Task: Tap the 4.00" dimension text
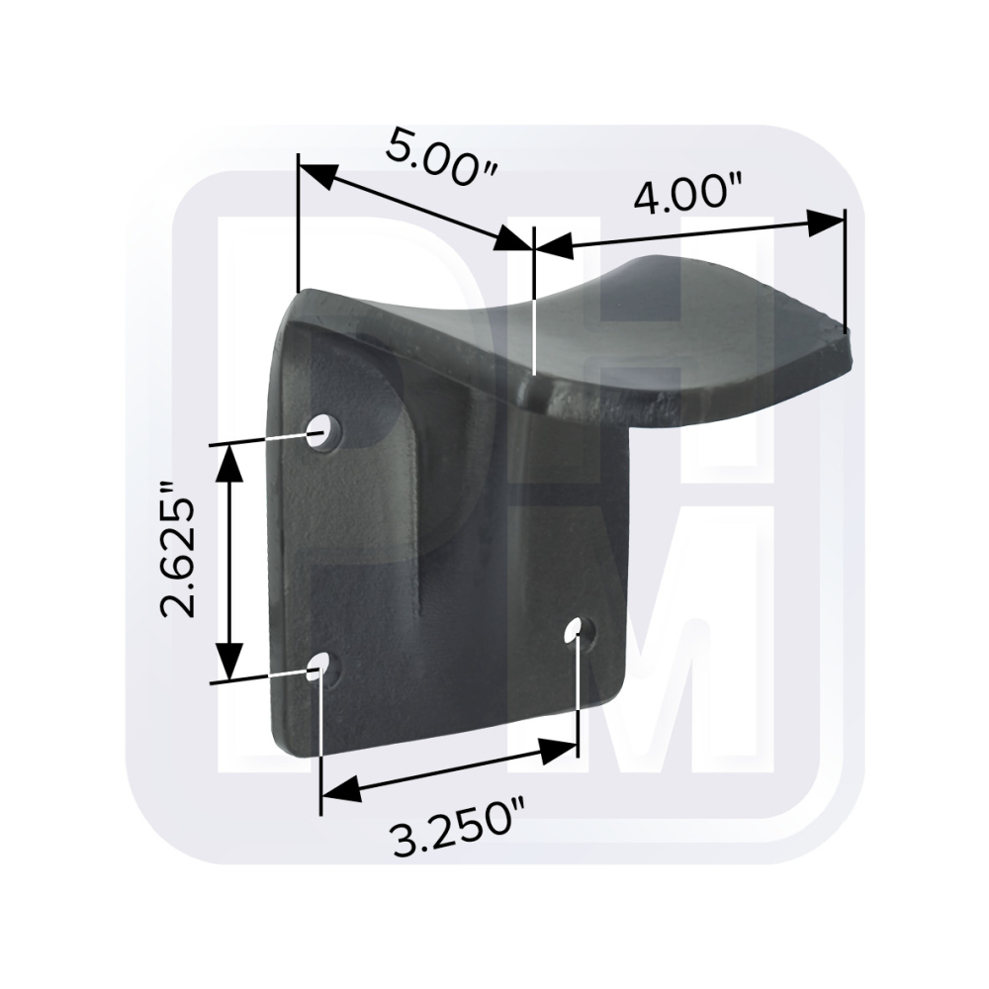pos(687,195)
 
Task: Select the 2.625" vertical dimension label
pos(177,549)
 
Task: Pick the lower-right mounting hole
pos(575,629)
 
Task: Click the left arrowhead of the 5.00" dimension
pos(316,174)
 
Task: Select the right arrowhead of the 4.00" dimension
pos(825,224)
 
